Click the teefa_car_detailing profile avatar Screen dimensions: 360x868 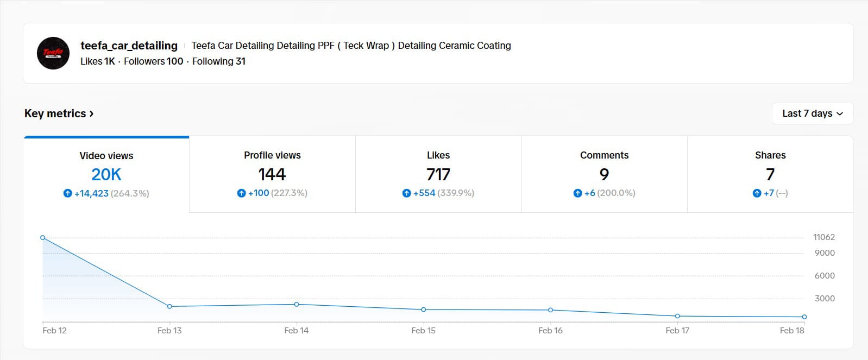pos(53,53)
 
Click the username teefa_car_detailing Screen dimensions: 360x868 pos(129,46)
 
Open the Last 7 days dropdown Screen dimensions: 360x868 pos(812,113)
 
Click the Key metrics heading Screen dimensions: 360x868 pos(59,113)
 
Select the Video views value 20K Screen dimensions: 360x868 pos(106,174)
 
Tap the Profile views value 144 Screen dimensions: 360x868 pos(272,174)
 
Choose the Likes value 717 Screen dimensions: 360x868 pos(438,174)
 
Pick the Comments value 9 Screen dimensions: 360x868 pos(604,174)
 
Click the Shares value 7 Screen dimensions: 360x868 pos(770,174)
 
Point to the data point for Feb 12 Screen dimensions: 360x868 pos(43,238)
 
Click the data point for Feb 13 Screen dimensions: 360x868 pos(169,306)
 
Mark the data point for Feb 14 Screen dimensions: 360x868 pos(297,304)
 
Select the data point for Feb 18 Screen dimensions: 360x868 pos(804,317)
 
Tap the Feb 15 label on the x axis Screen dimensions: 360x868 pos(423,330)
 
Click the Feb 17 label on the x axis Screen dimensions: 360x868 pos(677,330)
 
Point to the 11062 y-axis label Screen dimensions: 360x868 pos(823,237)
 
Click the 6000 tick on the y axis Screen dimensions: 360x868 pos(824,276)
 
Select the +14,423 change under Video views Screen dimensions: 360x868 pos(91,193)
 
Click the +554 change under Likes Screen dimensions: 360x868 pos(424,193)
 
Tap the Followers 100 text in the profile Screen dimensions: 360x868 pos(153,61)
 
